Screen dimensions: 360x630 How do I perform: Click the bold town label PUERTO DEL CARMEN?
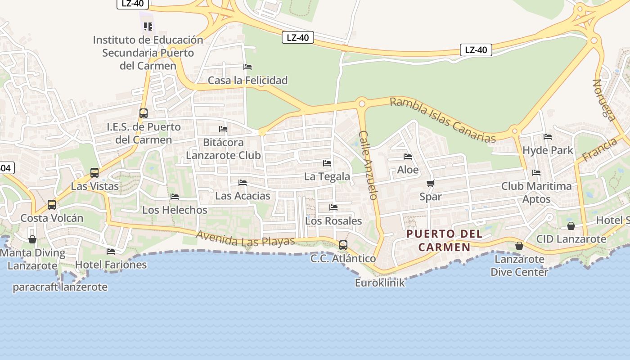coord(444,240)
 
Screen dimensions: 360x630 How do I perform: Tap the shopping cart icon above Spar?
coord(430,183)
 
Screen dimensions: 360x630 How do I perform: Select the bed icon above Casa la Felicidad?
coord(247,67)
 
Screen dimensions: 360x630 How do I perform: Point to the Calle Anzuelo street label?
coord(368,165)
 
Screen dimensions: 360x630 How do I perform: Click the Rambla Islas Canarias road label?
coord(442,120)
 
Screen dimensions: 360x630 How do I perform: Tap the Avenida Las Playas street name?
coord(245,238)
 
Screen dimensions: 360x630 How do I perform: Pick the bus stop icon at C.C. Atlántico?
coord(343,245)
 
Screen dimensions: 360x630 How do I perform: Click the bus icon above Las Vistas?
coord(94,172)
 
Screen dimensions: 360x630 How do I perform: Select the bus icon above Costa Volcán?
coord(52,205)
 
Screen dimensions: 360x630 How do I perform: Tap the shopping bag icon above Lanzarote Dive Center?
coord(519,246)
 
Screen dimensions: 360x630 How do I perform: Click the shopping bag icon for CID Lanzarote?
coord(571,226)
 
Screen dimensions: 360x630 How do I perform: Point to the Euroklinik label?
coord(380,283)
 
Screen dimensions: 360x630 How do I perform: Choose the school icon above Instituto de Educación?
coord(148,27)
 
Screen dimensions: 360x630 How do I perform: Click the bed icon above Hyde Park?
coord(547,136)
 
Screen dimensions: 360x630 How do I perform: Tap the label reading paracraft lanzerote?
coord(60,287)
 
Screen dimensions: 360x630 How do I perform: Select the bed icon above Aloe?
coord(408,157)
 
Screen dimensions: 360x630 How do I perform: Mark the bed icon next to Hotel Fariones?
coord(111,251)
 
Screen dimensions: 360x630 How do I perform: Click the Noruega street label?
coord(604,100)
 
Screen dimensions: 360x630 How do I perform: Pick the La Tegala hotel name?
coord(327,176)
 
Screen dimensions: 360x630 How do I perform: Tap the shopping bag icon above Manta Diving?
coord(32,239)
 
